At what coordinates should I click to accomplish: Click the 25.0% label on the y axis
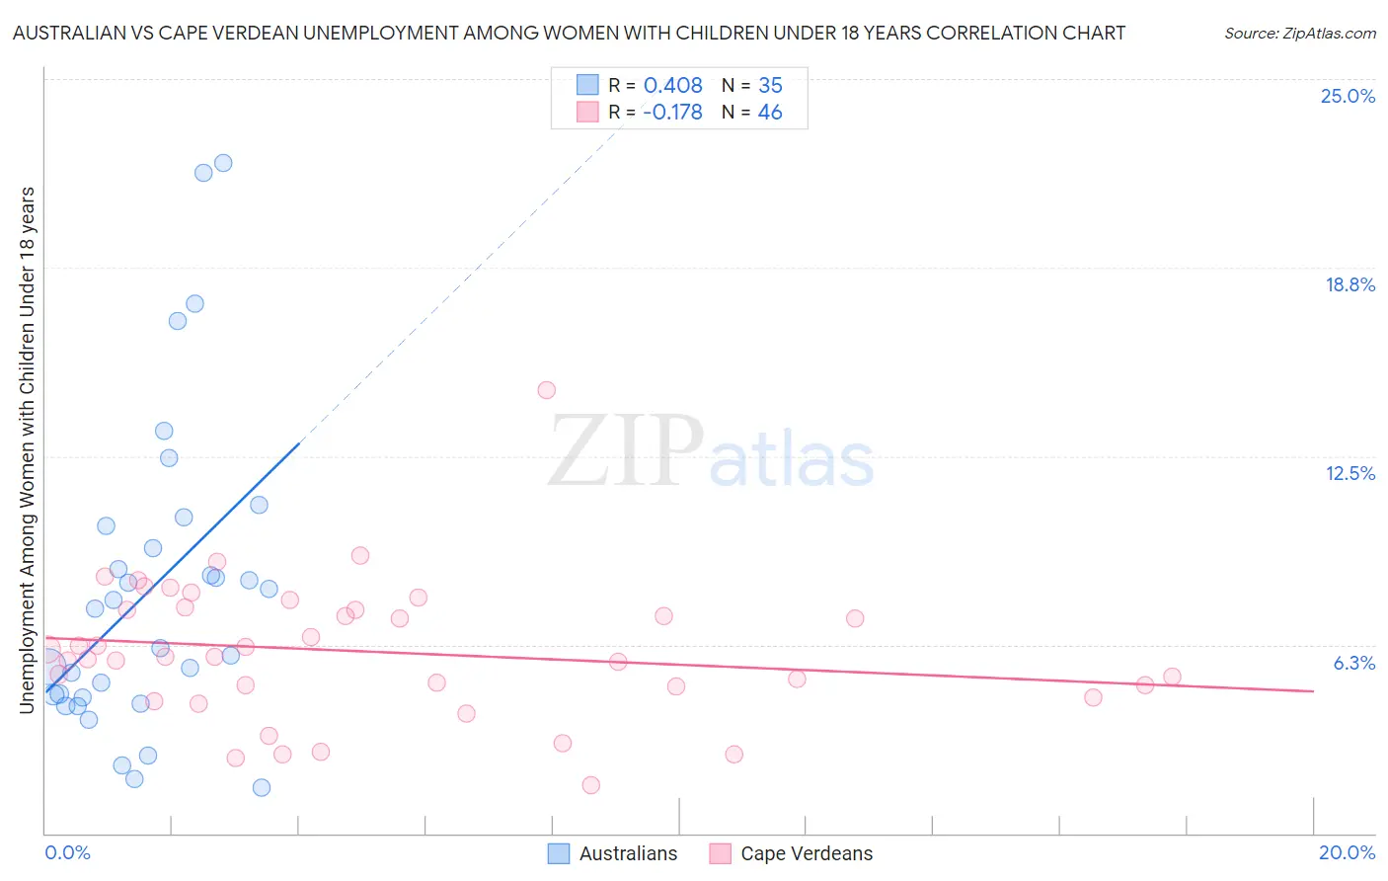(x=1348, y=96)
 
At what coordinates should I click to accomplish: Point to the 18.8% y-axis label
(x=1349, y=284)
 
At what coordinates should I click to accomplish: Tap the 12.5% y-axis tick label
(x=1349, y=473)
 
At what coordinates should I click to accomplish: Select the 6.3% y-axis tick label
(x=1353, y=663)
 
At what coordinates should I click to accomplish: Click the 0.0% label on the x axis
(x=67, y=852)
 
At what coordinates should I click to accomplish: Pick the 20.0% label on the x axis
(x=1347, y=852)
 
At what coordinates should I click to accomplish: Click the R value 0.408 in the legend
(x=672, y=86)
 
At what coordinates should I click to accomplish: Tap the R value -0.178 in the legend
(x=672, y=113)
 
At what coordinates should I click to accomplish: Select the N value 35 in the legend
(x=770, y=86)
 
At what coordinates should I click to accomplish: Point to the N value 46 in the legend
(x=770, y=113)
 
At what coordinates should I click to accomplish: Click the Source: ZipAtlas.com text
(x=1299, y=34)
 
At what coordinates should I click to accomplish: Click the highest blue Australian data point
(x=223, y=163)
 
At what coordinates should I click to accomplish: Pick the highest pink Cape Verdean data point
(x=546, y=390)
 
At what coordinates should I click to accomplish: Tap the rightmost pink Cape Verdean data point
(x=1172, y=677)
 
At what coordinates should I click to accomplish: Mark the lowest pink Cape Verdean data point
(x=590, y=785)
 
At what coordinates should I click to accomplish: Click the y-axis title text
(x=27, y=449)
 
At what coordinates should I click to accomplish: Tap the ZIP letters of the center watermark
(x=625, y=452)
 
